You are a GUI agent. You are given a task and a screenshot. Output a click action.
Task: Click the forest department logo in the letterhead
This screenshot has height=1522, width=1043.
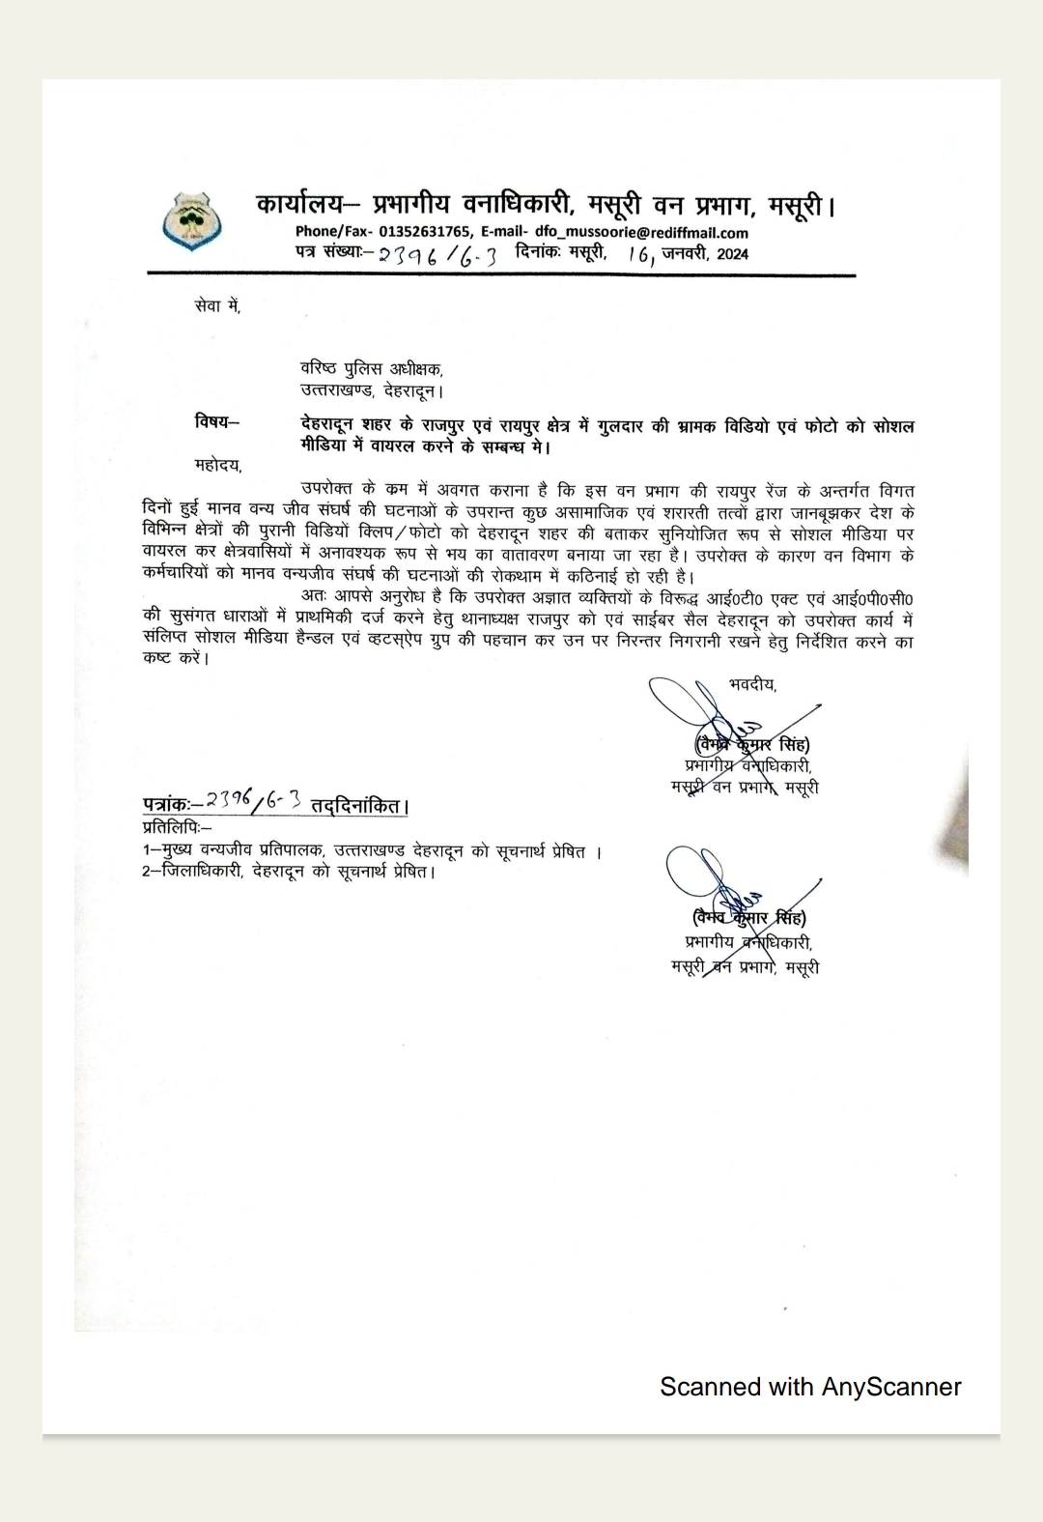tap(192, 221)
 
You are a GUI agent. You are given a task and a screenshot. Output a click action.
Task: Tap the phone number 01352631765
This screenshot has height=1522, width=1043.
tap(425, 232)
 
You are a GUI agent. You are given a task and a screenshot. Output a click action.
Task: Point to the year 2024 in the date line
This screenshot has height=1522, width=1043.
tap(732, 254)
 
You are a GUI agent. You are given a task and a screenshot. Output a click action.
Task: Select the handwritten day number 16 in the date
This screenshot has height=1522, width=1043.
tap(638, 255)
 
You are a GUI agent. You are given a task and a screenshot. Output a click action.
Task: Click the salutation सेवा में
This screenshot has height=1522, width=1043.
tap(216, 306)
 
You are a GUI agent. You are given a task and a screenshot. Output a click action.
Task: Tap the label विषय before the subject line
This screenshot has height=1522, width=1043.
tap(214, 421)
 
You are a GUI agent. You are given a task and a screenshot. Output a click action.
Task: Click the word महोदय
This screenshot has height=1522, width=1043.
tap(217, 465)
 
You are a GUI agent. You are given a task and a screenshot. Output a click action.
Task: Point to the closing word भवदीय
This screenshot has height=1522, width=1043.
tap(751, 684)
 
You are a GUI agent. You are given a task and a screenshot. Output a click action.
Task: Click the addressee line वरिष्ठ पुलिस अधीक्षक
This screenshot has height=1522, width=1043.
tap(371, 369)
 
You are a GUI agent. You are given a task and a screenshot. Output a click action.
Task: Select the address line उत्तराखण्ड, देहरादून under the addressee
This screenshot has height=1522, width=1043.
tap(371, 391)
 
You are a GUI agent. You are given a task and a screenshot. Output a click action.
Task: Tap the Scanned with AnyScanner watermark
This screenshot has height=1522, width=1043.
tap(810, 1387)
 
